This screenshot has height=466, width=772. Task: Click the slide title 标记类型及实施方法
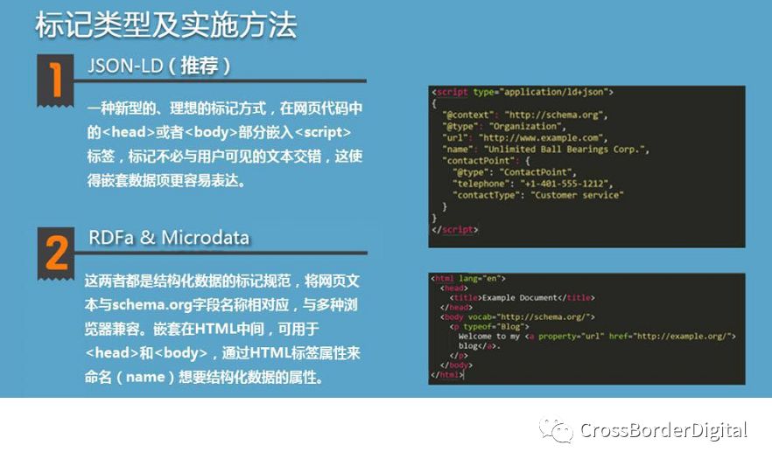click(x=166, y=24)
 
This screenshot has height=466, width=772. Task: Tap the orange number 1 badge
click(x=56, y=80)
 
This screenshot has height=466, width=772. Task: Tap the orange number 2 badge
click(x=56, y=254)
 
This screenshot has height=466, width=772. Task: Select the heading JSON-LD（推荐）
click(x=158, y=66)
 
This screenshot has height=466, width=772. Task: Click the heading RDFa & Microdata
click(x=169, y=238)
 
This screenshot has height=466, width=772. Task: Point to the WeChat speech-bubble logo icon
click(x=557, y=431)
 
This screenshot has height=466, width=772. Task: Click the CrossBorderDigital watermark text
click(x=663, y=430)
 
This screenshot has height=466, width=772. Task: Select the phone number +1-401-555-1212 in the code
click(x=566, y=184)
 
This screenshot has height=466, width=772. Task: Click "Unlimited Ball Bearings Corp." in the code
click(x=565, y=149)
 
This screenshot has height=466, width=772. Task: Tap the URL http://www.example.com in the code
click(x=543, y=137)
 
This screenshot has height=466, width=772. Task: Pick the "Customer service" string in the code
click(x=577, y=195)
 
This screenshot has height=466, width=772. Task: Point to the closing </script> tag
click(x=455, y=230)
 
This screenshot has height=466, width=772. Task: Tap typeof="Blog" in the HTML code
click(x=494, y=326)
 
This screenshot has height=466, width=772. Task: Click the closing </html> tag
click(x=447, y=374)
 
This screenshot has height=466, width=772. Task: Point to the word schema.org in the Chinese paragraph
click(x=151, y=305)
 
